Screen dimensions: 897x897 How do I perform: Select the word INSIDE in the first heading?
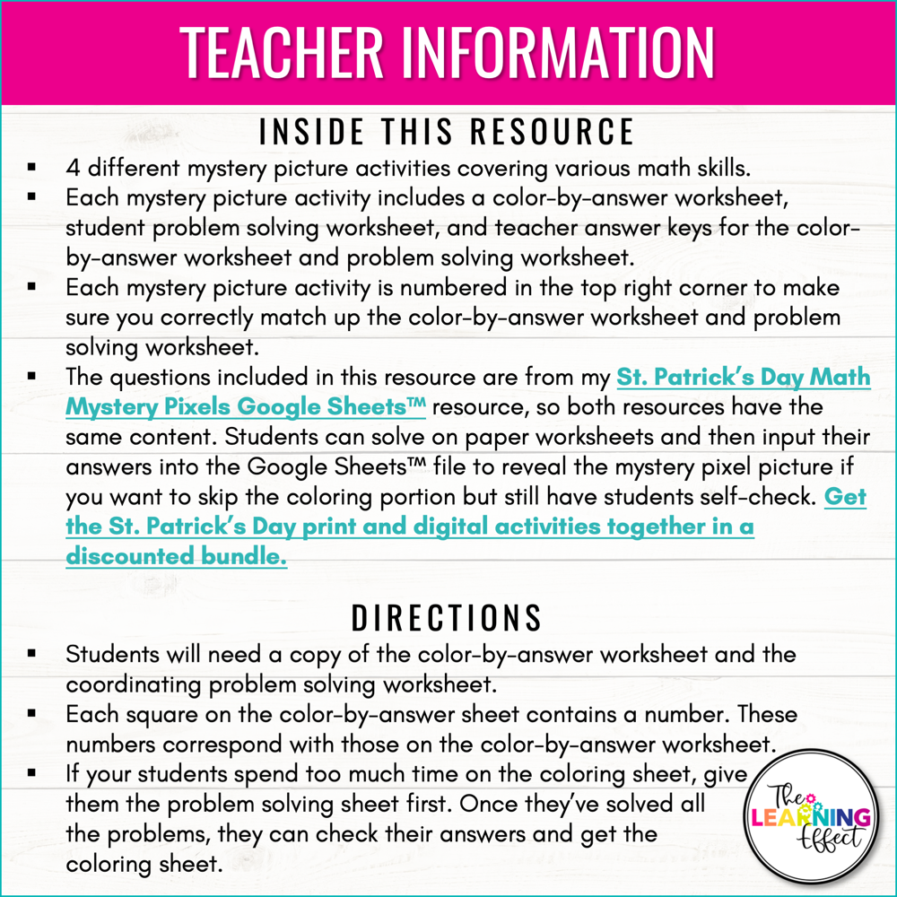(308, 132)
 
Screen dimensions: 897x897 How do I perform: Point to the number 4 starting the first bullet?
(73, 168)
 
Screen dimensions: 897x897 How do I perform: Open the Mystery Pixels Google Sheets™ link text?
(245, 406)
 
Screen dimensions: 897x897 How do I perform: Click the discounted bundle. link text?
(177, 556)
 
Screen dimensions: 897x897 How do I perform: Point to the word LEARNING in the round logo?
(810, 817)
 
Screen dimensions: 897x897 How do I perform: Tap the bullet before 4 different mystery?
(31, 168)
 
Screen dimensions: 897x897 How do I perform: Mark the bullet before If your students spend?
(31, 774)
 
